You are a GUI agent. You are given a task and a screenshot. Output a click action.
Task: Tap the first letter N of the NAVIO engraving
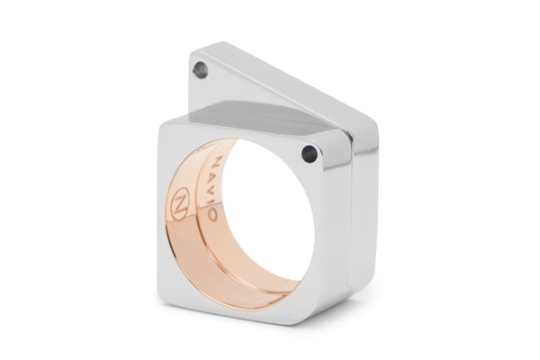[x=219, y=161]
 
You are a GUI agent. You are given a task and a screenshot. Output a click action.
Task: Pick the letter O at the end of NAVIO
[x=212, y=214]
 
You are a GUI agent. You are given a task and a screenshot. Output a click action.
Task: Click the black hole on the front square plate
[x=309, y=154]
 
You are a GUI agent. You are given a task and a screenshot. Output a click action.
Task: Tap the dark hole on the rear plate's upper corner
[x=201, y=70]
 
